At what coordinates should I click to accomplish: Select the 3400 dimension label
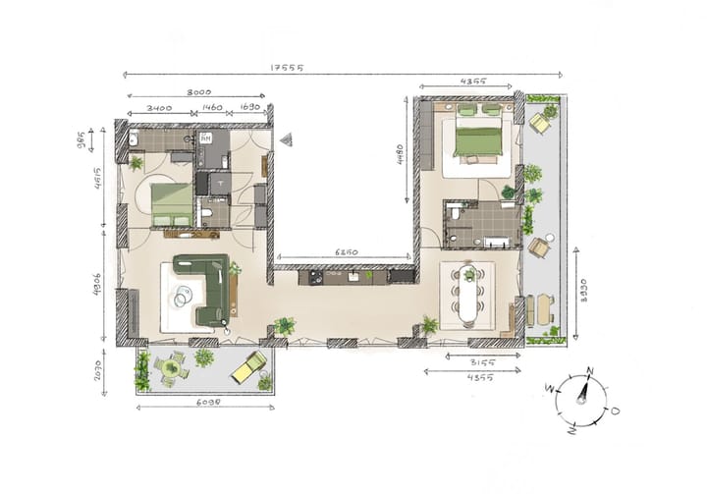(x=159, y=108)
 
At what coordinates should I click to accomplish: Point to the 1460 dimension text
(x=213, y=108)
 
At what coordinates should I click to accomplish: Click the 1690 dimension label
(x=249, y=108)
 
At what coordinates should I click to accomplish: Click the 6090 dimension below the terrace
(x=204, y=402)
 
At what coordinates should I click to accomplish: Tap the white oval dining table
(x=470, y=294)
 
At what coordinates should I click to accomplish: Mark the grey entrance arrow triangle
(x=286, y=140)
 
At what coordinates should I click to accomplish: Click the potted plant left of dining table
(x=429, y=323)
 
